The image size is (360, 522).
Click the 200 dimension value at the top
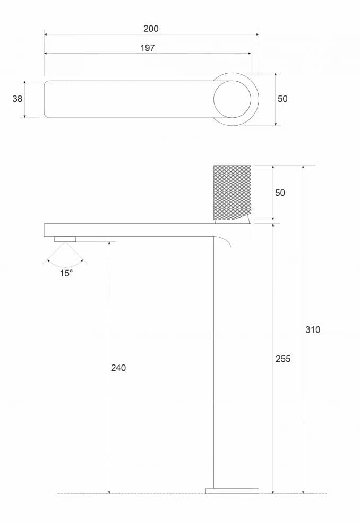pos(151,29)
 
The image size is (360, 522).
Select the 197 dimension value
pos(147,48)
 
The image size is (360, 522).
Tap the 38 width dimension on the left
pos(18,99)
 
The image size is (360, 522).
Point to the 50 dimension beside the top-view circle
pos(282,99)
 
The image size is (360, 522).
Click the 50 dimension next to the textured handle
pos(280,193)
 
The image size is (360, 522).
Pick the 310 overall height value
pos(313,329)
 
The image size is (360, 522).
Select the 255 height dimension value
pos(283,359)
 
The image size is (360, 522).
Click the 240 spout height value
pos(118,368)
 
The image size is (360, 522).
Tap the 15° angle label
pos(65,274)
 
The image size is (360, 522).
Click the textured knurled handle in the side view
pos(232,192)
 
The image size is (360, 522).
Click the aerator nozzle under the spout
pos(65,239)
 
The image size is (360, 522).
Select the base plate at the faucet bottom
pos(232,491)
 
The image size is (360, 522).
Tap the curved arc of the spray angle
pos(65,265)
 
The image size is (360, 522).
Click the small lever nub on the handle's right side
pos(252,207)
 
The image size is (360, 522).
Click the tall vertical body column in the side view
pos(232,361)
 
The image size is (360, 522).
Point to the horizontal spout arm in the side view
pos(127,230)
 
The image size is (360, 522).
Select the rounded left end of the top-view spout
pos(48,99)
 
